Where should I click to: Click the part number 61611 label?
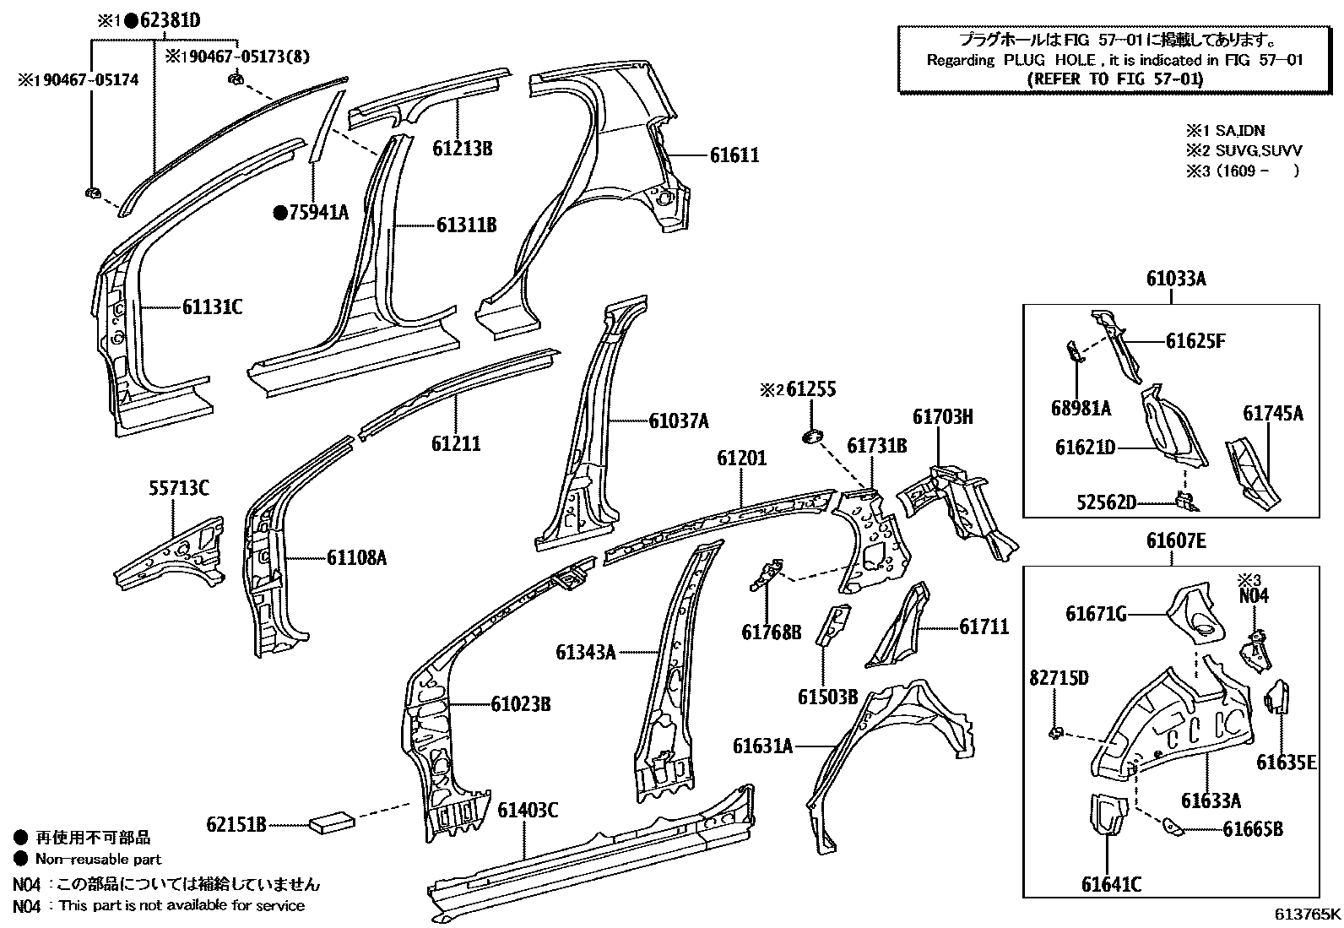(x=734, y=155)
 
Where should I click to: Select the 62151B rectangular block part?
(x=331, y=821)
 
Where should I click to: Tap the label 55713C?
(x=179, y=488)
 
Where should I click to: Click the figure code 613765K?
(x=1307, y=914)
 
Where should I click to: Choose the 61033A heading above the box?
(x=1175, y=279)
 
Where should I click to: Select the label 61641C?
(x=1112, y=884)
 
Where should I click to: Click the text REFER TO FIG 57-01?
(x=1114, y=79)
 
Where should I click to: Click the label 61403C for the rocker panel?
(x=527, y=810)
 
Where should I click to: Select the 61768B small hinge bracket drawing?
(x=767, y=576)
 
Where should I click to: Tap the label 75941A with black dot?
(x=311, y=213)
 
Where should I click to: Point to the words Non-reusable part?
(x=98, y=859)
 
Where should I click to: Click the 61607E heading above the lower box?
(x=1175, y=541)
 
